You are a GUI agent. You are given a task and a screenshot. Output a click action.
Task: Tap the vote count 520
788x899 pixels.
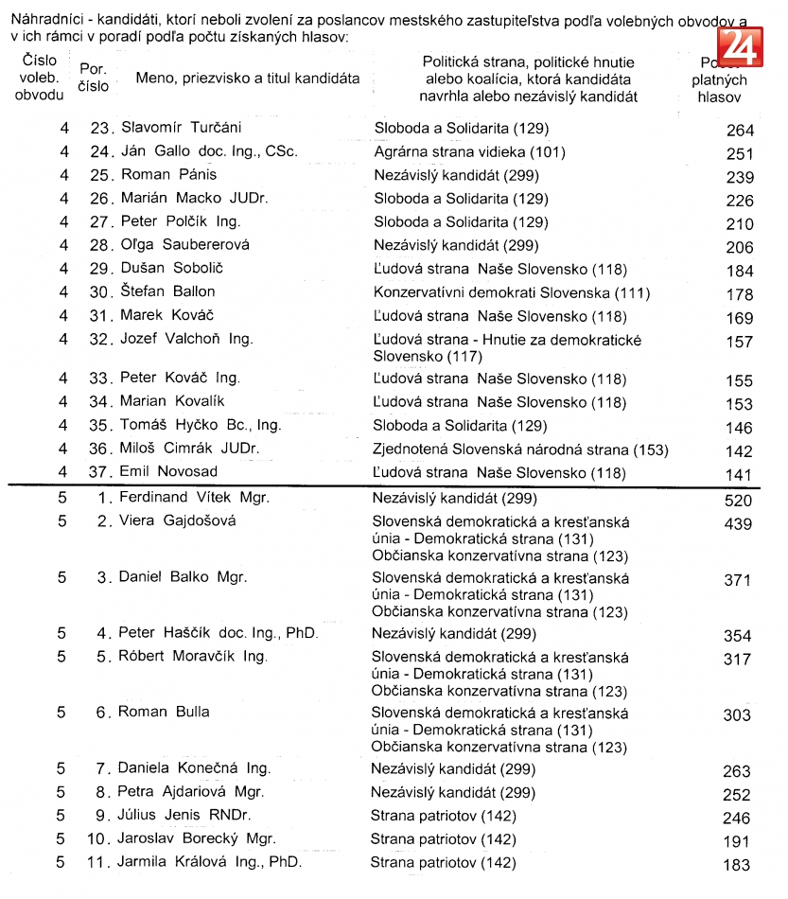[738, 501]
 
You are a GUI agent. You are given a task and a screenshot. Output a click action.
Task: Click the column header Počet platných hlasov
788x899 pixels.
[719, 79]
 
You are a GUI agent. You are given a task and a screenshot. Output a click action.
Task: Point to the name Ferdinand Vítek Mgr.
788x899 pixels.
[194, 497]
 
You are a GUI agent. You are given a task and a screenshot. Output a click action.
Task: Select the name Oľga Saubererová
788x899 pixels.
[184, 244]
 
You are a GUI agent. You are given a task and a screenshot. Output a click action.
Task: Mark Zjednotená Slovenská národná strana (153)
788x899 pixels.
[519, 449]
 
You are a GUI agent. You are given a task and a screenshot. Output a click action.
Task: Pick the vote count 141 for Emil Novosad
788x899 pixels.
[739, 476]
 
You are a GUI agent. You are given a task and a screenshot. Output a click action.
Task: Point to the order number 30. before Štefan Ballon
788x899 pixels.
[102, 291]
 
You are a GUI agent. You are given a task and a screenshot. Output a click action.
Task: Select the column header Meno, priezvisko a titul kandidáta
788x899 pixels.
[247, 79]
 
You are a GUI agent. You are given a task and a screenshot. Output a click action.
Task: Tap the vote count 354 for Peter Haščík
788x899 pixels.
[737, 637]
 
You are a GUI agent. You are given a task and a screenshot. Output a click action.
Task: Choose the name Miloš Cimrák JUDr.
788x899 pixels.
[189, 449]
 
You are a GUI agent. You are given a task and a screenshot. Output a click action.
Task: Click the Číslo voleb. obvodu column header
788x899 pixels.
[41, 78]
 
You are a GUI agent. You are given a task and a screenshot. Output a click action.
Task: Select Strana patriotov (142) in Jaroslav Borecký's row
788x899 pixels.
[443, 838]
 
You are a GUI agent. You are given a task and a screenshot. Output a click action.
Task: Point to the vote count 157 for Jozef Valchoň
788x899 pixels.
[739, 342]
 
